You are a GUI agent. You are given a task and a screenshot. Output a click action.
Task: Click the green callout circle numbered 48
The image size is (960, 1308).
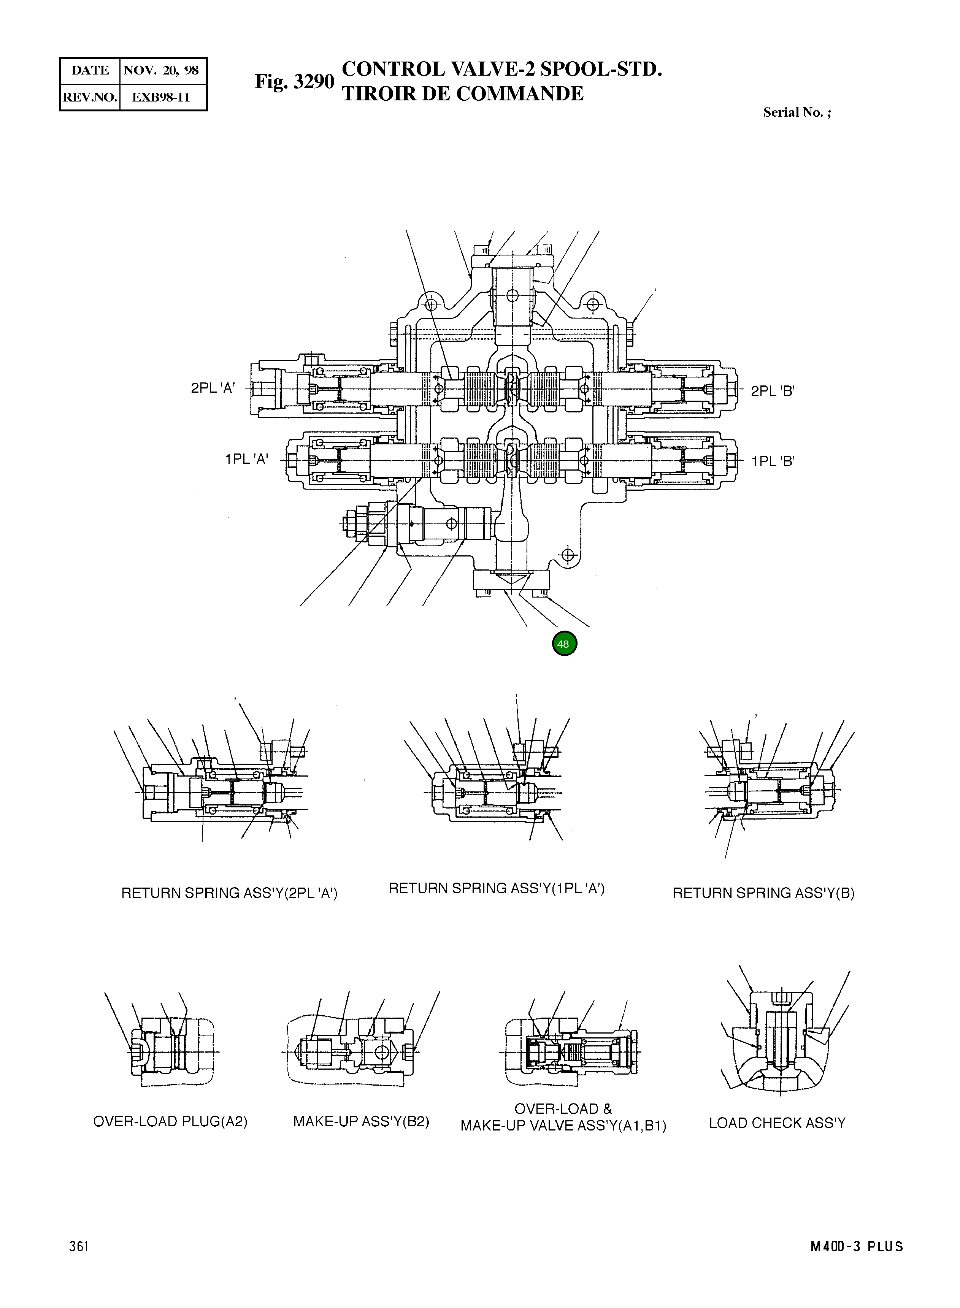click(x=564, y=643)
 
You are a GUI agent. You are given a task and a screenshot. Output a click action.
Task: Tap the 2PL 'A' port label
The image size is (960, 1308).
click(x=213, y=388)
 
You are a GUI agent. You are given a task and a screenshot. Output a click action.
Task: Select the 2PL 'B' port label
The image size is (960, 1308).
click(x=772, y=391)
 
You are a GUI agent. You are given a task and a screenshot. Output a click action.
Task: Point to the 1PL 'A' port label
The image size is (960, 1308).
click(x=246, y=459)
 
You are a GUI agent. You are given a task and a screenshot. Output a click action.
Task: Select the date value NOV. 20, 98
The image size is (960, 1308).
click(x=162, y=70)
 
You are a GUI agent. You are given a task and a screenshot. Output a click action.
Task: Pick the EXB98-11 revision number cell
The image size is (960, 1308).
click(x=162, y=97)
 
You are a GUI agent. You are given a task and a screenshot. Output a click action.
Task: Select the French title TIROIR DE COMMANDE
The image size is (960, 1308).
click(x=463, y=94)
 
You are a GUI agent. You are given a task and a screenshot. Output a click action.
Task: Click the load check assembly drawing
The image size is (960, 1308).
click(x=779, y=1040)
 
